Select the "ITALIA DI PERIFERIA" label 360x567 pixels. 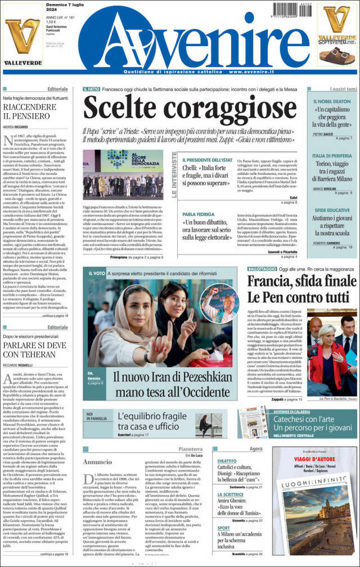pyautogui.click(x=332, y=155)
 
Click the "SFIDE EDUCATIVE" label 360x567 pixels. pyautogui.click(x=330, y=209)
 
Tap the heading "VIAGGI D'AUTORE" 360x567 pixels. pyautogui.click(x=314, y=458)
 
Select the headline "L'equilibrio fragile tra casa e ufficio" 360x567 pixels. pyautogui.click(x=151, y=421)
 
